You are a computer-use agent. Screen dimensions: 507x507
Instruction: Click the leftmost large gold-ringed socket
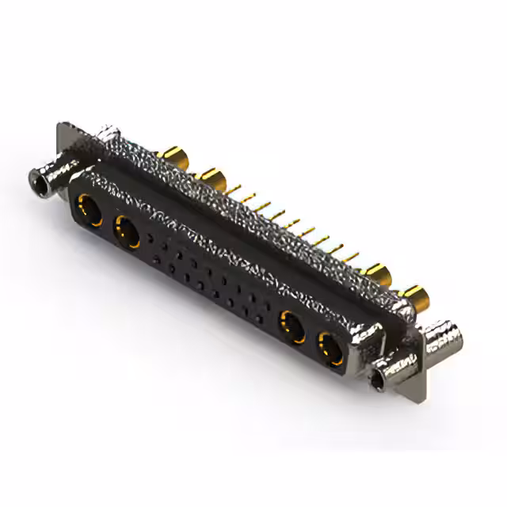point(88,212)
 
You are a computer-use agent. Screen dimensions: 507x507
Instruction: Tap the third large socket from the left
point(292,325)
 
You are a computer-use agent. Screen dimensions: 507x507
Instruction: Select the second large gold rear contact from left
point(210,177)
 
